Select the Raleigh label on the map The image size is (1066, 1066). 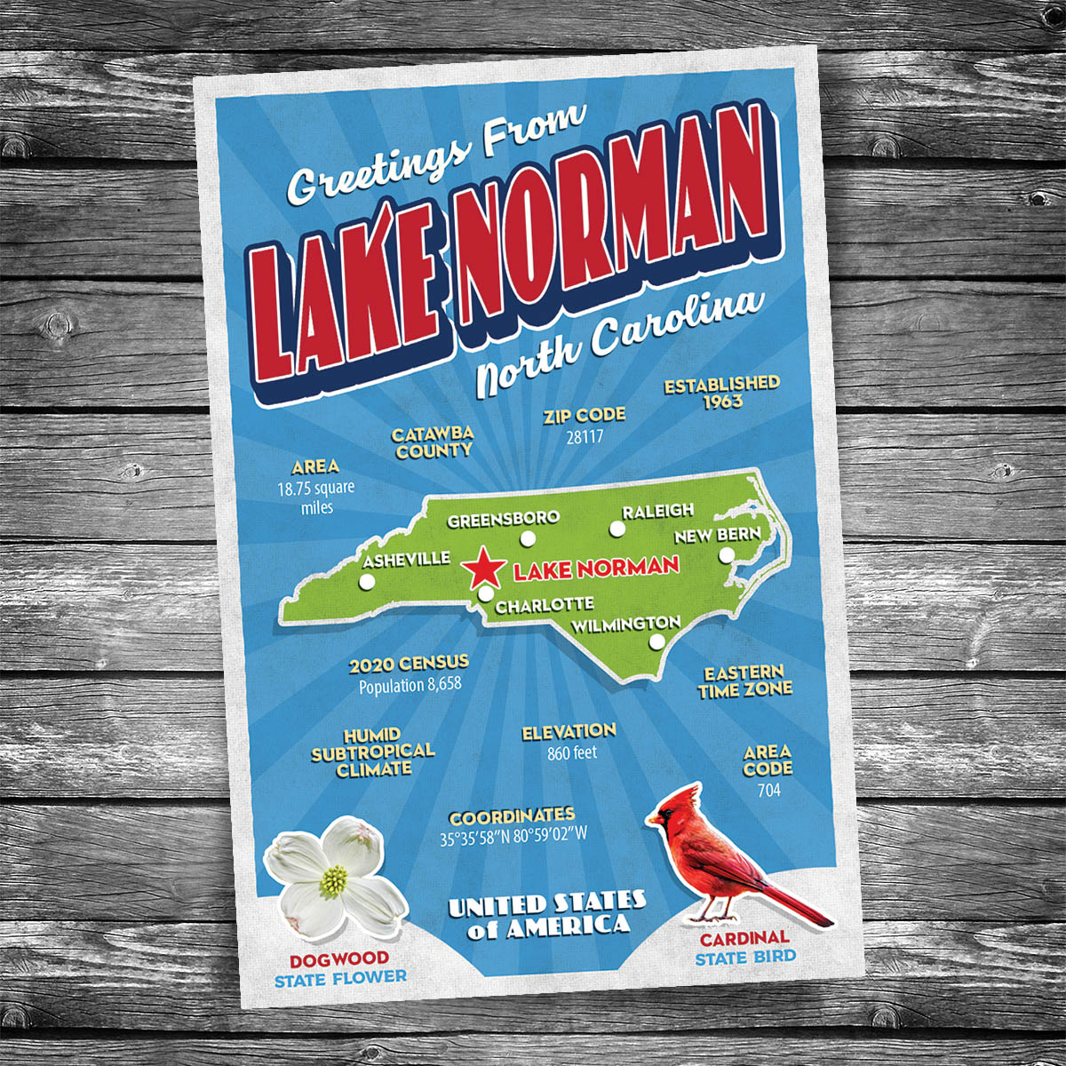point(657,512)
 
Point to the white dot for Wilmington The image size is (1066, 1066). point(656,642)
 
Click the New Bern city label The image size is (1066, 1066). point(717,535)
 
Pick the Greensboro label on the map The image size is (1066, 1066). point(503,519)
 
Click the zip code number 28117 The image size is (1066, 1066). point(585,436)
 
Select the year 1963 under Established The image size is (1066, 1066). point(722,402)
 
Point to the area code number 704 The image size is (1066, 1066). point(768,789)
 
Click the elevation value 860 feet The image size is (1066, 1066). point(571,753)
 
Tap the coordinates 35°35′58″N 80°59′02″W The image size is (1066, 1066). point(513,836)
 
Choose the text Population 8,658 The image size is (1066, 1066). point(410,686)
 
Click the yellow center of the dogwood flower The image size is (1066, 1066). point(332,881)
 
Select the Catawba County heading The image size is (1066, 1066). point(433,442)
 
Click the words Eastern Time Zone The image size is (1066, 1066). point(744,681)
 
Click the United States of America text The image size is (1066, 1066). point(545,915)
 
